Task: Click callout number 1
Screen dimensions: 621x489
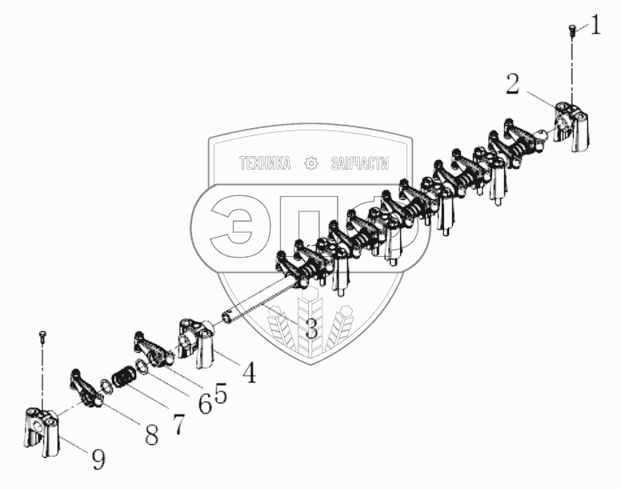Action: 595,30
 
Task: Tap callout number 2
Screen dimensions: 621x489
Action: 513,82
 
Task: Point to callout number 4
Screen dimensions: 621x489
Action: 249,372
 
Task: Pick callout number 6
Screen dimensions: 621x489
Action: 205,405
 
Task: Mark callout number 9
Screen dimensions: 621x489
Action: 97,459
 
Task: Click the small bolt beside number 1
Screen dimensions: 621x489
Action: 571,30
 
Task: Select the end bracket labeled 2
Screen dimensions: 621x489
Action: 572,124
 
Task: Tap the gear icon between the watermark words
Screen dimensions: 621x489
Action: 311,163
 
